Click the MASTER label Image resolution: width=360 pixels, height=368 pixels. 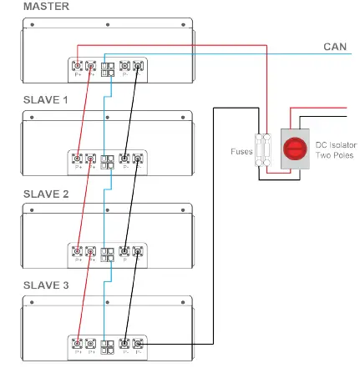point(23,6)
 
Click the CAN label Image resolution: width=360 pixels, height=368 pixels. point(335,47)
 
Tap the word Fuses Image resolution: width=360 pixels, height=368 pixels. point(241,152)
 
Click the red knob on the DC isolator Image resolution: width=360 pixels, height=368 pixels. point(294,150)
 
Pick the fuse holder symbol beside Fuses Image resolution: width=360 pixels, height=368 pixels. point(264,151)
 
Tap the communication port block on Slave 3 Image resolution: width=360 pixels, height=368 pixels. point(107,344)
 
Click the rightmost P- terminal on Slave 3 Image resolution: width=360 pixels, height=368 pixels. point(138,343)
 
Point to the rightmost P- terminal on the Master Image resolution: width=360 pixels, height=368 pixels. point(138,66)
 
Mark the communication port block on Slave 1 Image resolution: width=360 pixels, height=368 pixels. point(107,159)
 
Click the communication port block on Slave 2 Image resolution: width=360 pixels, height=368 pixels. point(107,251)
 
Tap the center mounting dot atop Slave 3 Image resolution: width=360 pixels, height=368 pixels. point(107,302)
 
